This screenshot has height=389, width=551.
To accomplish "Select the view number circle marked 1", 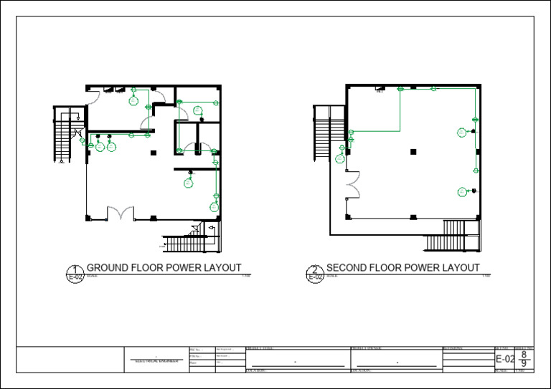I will click(x=75, y=273).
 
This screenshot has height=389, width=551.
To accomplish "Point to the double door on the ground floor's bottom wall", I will click(x=120, y=213).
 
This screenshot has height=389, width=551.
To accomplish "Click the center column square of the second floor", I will click(x=413, y=151).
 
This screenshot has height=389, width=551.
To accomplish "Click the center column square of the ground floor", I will click(x=152, y=153).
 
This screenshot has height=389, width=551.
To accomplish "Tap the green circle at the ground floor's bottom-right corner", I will click(x=214, y=206).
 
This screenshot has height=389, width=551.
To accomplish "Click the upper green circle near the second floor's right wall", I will click(x=462, y=133).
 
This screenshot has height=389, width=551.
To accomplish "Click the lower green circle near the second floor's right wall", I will click(x=462, y=191).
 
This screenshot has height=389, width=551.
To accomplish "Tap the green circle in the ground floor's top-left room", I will click(x=133, y=101).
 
